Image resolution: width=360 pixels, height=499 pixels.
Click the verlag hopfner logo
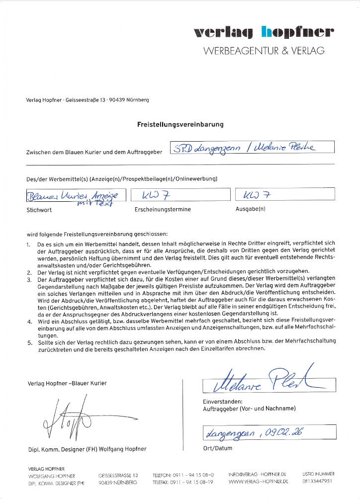click(264, 33)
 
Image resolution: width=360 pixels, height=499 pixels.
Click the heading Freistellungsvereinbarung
click(180, 124)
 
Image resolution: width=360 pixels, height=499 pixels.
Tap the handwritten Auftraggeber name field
click(252, 147)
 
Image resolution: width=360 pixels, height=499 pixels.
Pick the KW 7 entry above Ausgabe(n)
click(285, 194)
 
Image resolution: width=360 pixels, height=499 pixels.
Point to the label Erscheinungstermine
click(162, 210)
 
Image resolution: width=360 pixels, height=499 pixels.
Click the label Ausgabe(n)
click(250, 209)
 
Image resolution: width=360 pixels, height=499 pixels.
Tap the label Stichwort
click(39, 210)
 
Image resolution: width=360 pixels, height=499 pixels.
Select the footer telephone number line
click(183, 475)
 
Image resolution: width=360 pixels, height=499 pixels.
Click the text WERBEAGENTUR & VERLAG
click(264, 51)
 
